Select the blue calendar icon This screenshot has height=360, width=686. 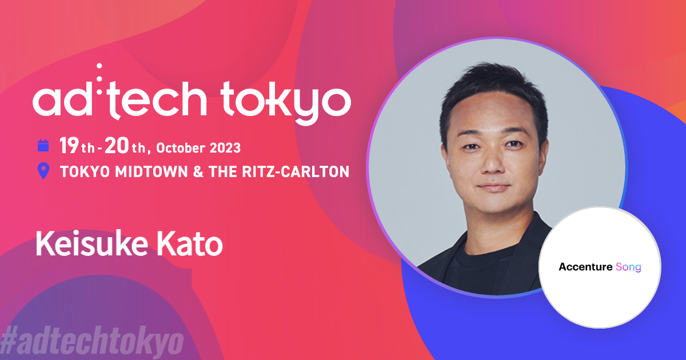click(43, 146)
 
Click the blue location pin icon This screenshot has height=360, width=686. click(43, 171)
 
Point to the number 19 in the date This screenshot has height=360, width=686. click(69, 147)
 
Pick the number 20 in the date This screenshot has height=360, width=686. click(118, 147)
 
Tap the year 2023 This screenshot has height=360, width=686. click(224, 148)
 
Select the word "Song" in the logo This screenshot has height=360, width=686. click(628, 267)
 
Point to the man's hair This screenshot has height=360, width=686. click(492, 94)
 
